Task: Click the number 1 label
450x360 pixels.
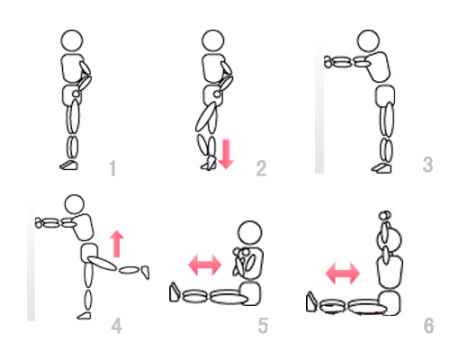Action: [113, 168]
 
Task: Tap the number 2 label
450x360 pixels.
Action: [261, 168]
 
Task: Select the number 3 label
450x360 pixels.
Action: [428, 164]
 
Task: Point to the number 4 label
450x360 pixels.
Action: [116, 326]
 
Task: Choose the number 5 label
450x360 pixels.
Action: [263, 326]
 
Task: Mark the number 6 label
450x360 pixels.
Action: [429, 326]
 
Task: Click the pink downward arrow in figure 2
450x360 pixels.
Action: [226, 154]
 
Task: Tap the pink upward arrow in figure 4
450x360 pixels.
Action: [116, 244]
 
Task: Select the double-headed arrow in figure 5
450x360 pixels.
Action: [205, 265]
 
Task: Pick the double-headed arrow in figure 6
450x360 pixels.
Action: [343, 273]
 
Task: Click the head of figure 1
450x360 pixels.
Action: [72, 41]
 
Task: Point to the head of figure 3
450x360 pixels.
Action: [368, 41]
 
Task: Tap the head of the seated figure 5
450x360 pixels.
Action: [250, 233]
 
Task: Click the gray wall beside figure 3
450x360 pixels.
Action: [319, 107]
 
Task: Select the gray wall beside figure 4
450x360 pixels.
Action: [31, 261]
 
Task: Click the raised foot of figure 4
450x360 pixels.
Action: [145, 272]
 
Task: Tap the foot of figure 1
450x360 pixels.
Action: [69, 165]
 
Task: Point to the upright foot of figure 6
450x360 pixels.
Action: [311, 302]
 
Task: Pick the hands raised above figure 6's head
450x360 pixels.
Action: [385, 215]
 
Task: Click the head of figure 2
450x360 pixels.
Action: [213, 41]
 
